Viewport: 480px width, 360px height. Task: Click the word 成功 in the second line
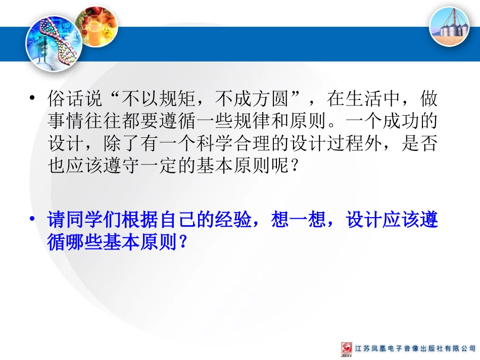(x=402, y=121)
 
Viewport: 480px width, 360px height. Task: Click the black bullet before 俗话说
(x=33, y=98)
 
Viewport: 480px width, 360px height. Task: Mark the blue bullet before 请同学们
(x=33, y=221)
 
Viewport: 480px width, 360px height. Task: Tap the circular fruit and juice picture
(x=97, y=25)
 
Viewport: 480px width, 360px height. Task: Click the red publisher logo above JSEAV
(x=346, y=348)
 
